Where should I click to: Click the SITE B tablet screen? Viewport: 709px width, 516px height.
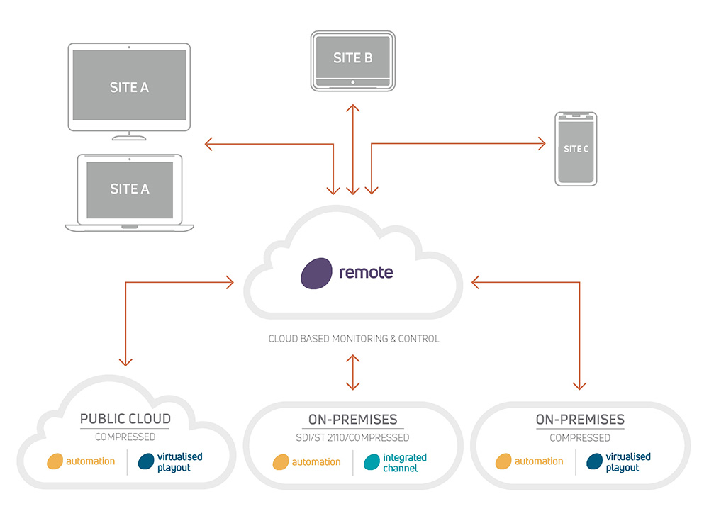pos(352,57)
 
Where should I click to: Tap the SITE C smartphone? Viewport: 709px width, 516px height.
pos(576,149)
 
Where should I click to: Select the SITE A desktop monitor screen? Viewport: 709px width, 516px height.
pos(129,85)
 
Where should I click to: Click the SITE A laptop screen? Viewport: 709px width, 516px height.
pos(130,190)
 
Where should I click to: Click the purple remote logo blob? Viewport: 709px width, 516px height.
pos(316,273)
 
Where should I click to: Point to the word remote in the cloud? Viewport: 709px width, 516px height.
pos(366,272)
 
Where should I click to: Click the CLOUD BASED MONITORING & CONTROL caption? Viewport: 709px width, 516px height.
pos(354,338)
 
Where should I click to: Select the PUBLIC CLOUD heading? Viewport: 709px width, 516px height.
pos(125,419)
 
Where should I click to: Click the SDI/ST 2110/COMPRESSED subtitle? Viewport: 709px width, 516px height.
pos(352,437)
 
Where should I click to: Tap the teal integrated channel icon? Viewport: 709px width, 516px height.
pos(372,462)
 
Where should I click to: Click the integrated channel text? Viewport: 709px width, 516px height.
pos(405,463)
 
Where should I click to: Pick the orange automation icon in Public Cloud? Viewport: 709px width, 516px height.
pos(55,461)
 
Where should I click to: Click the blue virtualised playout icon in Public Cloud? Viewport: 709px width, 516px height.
pos(146,461)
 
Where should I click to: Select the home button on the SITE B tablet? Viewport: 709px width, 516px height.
pos(352,82)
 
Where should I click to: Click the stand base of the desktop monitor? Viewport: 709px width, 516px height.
pos(129,138)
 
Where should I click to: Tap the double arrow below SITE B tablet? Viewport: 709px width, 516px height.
pos(352,150)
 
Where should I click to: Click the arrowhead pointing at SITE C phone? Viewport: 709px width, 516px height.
pos(542,144)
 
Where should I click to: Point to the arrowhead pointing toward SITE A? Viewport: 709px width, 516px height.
pos(208,144)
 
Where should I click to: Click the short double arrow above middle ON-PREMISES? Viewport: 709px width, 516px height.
pos(352,372)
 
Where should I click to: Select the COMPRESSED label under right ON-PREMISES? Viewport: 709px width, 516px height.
pos(580,438)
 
